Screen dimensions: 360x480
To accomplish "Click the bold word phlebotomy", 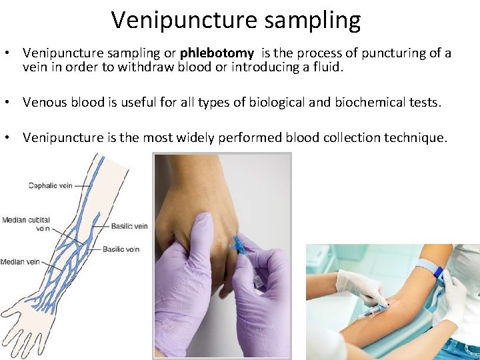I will pos(217,53).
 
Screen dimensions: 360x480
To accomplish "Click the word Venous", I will pos(45,102).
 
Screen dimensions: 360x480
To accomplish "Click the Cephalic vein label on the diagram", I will pos(50,186).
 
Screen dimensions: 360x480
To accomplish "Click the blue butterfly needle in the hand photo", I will pos(237,244).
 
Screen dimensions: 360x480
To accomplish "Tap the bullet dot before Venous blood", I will pos(10,102).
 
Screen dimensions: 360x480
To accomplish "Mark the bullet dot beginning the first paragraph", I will pos(10,53).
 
